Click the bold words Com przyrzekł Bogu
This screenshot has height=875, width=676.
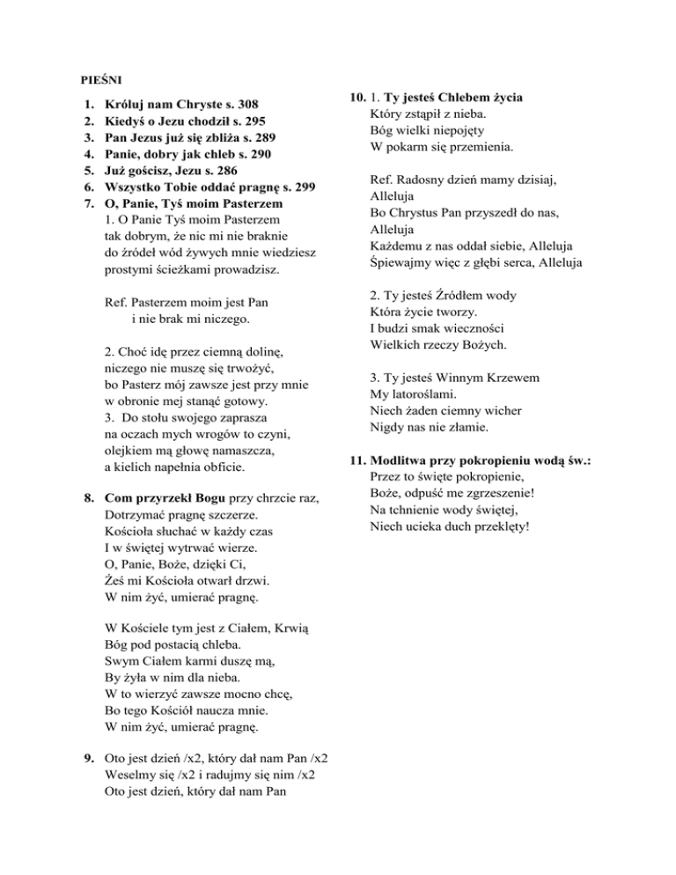pos(163,498)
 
